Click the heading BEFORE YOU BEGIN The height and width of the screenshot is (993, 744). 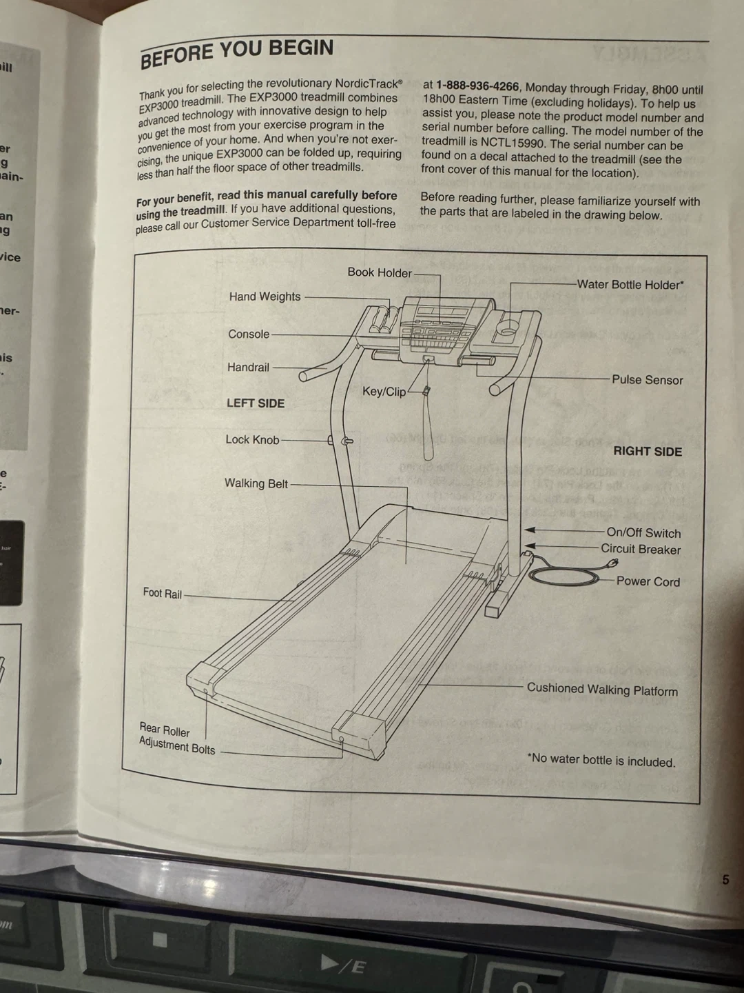coord(237,54)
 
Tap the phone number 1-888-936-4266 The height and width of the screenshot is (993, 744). coord(477,86)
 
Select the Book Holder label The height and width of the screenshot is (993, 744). coord(380,272)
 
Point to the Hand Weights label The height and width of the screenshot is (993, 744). coord(265,297)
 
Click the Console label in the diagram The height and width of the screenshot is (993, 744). coord(249,334)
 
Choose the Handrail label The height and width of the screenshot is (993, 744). coord(248,368)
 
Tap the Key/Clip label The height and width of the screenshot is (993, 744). coord(384,392)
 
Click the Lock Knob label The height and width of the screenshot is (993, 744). coord(252,440)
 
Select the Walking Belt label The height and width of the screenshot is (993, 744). coord(256,483)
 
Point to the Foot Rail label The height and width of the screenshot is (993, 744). coord(163,593)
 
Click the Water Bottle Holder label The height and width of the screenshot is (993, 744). coord(630,284)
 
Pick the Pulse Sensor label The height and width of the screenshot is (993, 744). coord(647,380)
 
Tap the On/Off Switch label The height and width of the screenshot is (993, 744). coord(643,533)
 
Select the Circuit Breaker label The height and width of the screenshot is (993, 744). coord(640,550)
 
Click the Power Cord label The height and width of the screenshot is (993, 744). coord(648,581)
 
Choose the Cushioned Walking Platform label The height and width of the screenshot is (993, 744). coord(602,690)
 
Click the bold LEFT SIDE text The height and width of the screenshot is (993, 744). coord(256,403)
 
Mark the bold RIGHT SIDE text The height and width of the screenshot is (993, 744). coord(648,452)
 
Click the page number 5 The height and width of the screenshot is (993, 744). coord(725,879)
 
